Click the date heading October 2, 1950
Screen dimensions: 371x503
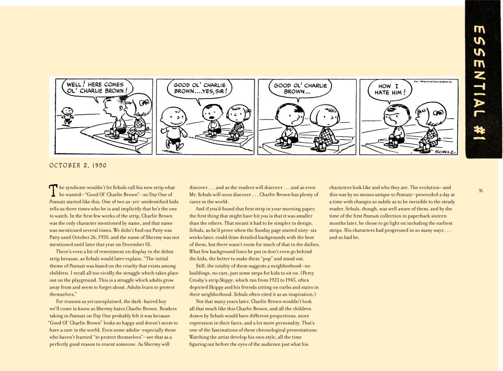pyautogui.click(x=78, y=165)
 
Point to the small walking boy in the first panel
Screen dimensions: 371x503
pyautogui.click(x=65, y=115)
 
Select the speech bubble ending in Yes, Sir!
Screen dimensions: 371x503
pyautogui.click(x=200, y=88)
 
